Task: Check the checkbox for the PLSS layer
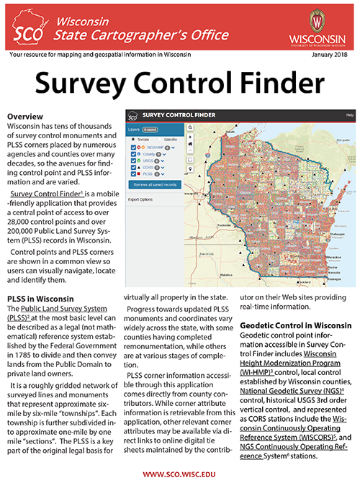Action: pyautogui.click(x=134, y=173)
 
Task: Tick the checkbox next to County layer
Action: pyautogui.click(x=134, y=154)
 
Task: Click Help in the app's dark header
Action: pyautogui.click(x=349, y=115)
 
